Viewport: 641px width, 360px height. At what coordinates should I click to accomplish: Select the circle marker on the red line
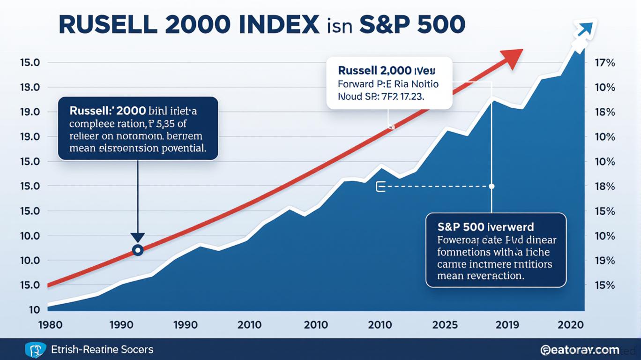click(x=137, y=250)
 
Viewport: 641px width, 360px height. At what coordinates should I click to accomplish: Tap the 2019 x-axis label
click(x=508, y=324)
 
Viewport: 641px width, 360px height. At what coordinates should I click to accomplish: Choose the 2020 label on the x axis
click(x=571, y=324)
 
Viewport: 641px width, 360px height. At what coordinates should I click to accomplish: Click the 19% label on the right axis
click(x=604, y=261)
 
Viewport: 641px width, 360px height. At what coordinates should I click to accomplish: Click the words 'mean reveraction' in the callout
click(x=480, y=276)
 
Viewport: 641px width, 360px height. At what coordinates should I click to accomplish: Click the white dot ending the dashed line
click(x=492, y=186)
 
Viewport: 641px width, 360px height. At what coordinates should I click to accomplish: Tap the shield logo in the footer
click(x=34, y=350)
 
